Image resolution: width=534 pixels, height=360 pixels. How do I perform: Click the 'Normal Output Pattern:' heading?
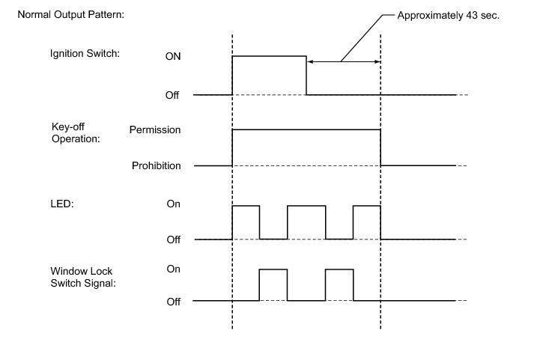71,15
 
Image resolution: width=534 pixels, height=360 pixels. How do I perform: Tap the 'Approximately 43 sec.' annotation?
448,16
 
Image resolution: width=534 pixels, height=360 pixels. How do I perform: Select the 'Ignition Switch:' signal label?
85,54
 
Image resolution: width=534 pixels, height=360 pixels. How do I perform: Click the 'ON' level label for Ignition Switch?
173,56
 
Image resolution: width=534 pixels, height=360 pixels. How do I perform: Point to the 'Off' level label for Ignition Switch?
172,95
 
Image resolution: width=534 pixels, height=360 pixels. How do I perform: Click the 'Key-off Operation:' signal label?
76,132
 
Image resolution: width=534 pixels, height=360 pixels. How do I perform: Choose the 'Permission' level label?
155,129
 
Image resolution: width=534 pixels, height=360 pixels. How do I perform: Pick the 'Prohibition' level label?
157,165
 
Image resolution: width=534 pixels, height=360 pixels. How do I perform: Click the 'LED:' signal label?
62,204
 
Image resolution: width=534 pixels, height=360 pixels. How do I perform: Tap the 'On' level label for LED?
173,204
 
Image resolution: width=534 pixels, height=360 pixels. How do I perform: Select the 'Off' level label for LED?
173,240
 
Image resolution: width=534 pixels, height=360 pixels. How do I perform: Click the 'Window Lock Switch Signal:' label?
83,277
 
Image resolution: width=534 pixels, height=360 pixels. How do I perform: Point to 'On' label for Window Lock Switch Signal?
173,269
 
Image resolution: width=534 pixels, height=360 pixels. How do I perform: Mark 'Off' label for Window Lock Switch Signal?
173,302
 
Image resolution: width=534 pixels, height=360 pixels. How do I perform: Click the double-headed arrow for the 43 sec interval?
344,61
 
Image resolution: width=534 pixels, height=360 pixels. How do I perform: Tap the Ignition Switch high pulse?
269,56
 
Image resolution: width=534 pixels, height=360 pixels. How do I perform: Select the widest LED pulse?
306,206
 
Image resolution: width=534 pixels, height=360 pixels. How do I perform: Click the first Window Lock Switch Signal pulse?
273,269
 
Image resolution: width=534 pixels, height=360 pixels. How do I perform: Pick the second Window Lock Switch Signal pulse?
339,269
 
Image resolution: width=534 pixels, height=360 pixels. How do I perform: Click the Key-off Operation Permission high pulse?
306,129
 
